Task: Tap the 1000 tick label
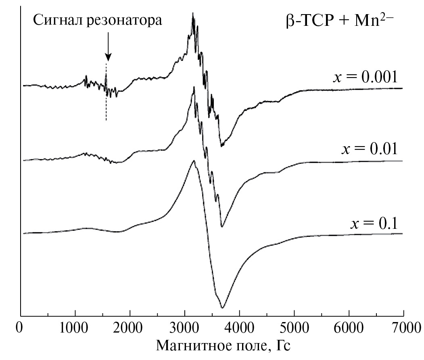click(75, 327)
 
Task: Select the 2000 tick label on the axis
click(130, 327)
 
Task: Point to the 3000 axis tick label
click(185, 327)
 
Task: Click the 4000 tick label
click(240, 327)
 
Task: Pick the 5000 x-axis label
click(294, 327)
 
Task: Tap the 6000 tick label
click(349, 327)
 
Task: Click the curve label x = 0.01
click(370, 149)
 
